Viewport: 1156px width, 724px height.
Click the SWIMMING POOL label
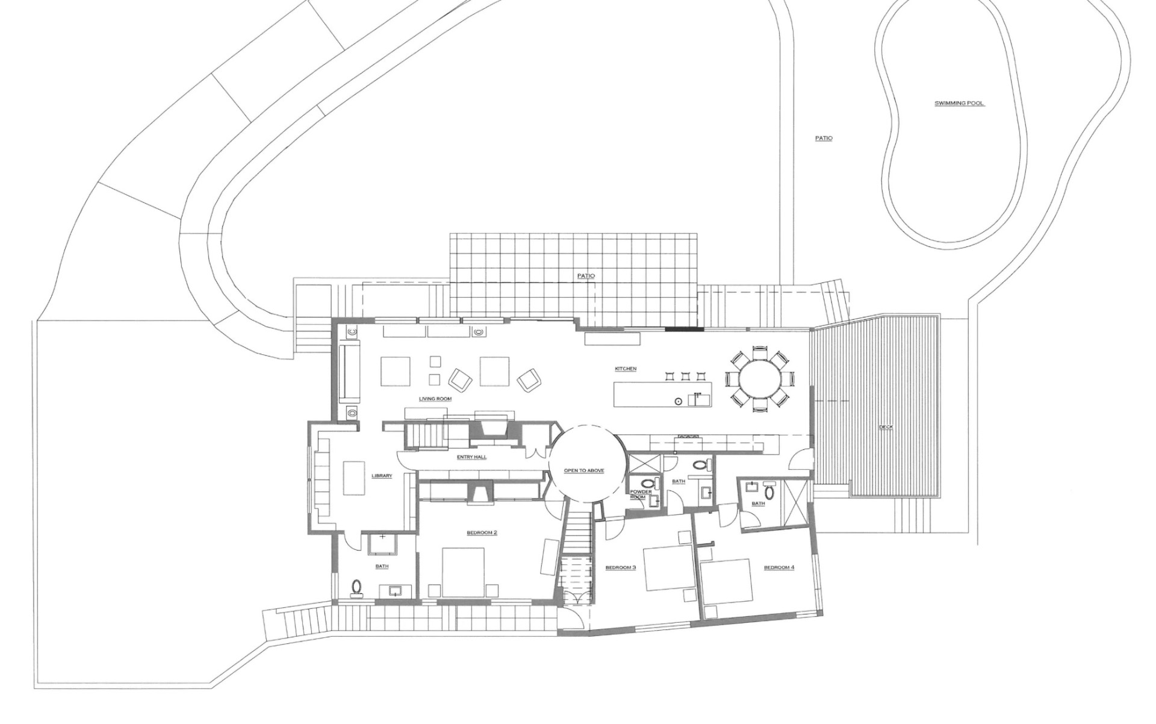point(959,104)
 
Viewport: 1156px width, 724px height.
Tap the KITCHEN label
point(626,369)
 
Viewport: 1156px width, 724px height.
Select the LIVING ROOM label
point(435,399)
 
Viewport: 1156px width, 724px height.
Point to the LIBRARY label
point(382,476)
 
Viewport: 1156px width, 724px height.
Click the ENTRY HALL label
point(471,457)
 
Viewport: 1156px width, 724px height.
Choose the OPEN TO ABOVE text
point(584,470)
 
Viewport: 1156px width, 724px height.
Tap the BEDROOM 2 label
point(482,532)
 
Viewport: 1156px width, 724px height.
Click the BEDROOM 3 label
point(621,567)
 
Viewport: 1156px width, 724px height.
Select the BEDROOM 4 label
point(779,567)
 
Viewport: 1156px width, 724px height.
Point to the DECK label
point(886,427)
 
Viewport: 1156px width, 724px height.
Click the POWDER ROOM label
point(641,495)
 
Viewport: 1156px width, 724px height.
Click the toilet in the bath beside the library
point(357,586)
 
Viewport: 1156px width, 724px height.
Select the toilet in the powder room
point(647,483)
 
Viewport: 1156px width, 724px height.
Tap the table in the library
point(354,478)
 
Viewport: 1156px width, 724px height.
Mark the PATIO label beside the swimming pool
point(824,139)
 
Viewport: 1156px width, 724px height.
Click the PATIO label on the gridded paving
point(586,276)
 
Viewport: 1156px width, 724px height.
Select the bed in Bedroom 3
point(668,568)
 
